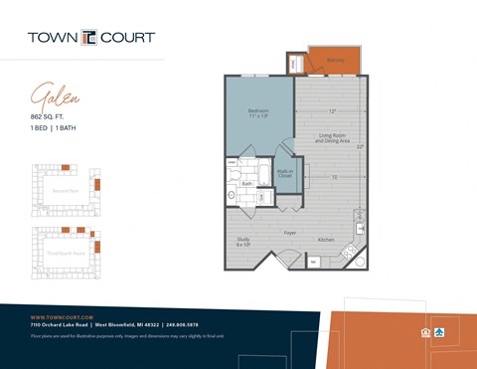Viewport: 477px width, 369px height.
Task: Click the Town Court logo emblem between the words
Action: pyautogui.click(x=89, y=38)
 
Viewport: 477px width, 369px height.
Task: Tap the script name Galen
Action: pyautogui.click(x=55, y=96)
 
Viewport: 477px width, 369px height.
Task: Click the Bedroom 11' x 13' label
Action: pyautogui.click(x=258, y=113)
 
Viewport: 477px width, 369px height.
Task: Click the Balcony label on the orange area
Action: pyautogui.click(x=336, y=60)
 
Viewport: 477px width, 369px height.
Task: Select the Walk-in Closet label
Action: pyautogui.click(x=284, y=173)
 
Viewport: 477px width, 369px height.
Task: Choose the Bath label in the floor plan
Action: pyautogui.click(x=246, y=183)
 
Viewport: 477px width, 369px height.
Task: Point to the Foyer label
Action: pyautogui.click(x=290, y=233)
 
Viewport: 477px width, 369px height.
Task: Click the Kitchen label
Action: pyautogui.click(x=326, y=240)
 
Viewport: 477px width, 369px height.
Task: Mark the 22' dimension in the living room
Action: pyautogui.click(x=360, y=146)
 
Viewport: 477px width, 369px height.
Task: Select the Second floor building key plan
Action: pyautogui.click(x=66, y=189)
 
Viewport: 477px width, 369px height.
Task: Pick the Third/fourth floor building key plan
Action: pyautogui.click(x=66, y=251)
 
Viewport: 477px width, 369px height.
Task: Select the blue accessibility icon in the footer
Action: pyautogui.click(x=438, y=331)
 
